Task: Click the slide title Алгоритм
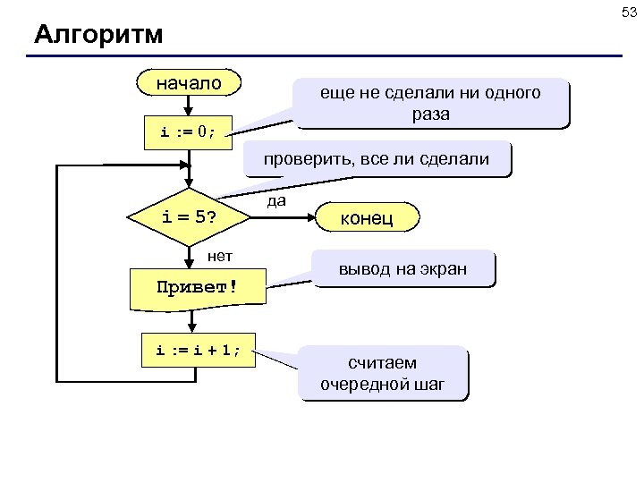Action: (98, 35)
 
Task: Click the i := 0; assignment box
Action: (189, 132)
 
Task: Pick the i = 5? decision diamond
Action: (189, 217)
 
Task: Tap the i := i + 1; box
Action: (198, 351)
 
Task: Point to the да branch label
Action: (277, 201)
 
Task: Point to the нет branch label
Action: (220, 256)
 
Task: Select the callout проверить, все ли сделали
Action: (376, 159)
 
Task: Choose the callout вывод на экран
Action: (402, 269)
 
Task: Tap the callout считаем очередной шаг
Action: (382, 374)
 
